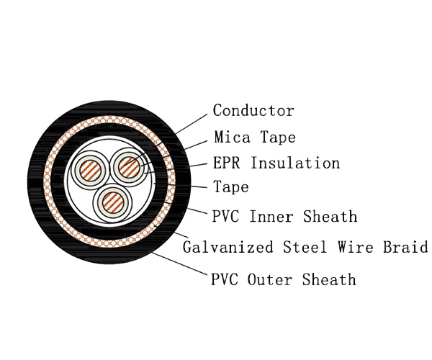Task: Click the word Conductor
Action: click(x=253, y=111)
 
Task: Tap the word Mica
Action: click(x=230, y=137)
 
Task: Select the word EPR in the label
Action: click(x=229, y=163)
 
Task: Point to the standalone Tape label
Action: click(x=230, y=188)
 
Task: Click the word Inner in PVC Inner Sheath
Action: click(x=274, y=216)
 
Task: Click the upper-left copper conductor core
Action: click(x=89, y=171)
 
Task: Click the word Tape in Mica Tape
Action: click(x=278, y=137)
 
